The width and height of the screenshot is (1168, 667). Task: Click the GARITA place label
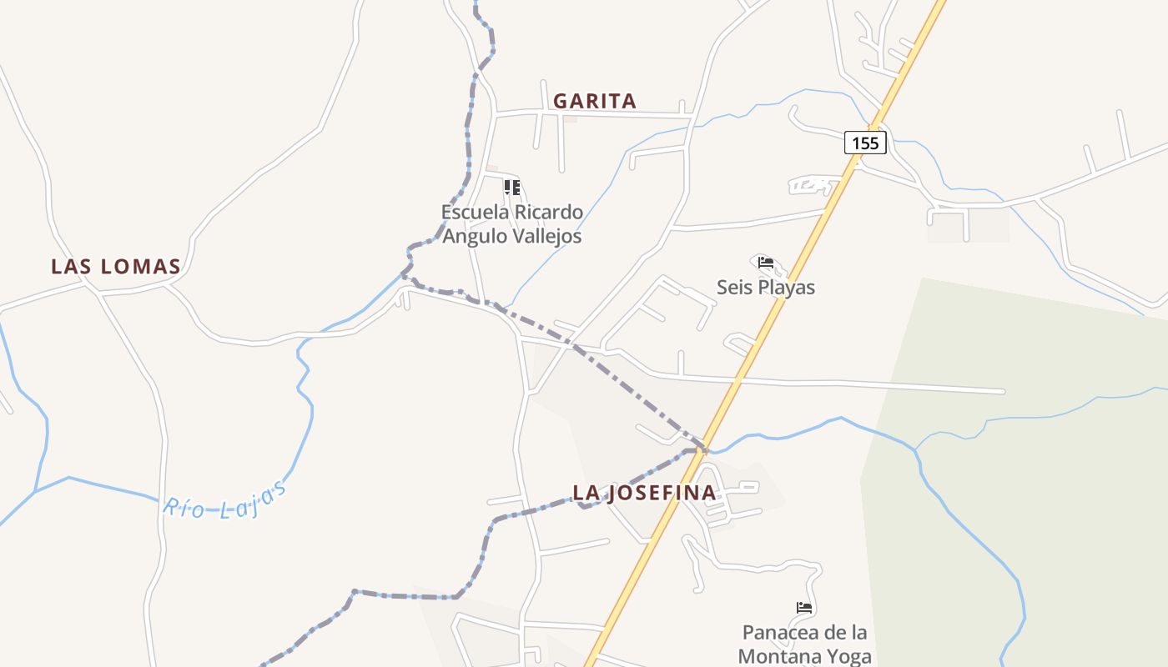tap(595, 102)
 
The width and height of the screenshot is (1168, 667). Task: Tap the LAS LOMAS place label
tap(116, 267)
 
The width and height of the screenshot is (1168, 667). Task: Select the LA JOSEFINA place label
tap(644, 493)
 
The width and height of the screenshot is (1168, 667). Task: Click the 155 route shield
tap(865, 143)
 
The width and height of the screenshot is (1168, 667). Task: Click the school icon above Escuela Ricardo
tap(512, 188)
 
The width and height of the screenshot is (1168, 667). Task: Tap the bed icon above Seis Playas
tap(766, 263)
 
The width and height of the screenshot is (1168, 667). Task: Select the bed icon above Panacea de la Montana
tap(804, 608)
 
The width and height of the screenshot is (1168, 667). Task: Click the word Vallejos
tap(546, 237)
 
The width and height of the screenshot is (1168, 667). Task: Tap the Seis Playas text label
tap(766, 288)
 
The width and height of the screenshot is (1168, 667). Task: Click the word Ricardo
tap(548, 212)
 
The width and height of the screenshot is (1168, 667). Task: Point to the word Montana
tap(778, 657)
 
